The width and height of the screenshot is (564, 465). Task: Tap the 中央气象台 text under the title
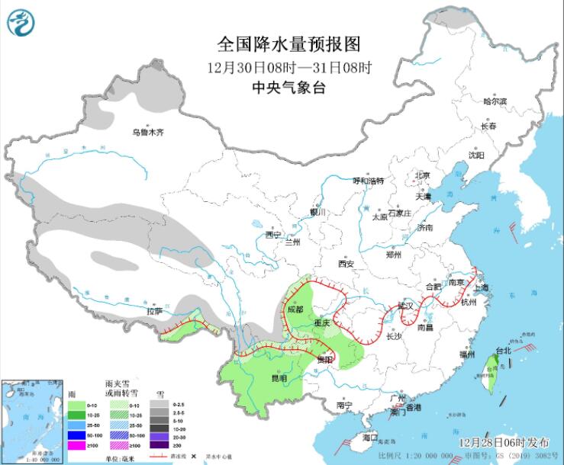(x=288, y=88)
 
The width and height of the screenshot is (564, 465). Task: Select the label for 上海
(x=481, y=287)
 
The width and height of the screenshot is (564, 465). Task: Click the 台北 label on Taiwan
(x=504, y=351)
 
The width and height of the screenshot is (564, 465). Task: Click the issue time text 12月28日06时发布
(x=500, y=442)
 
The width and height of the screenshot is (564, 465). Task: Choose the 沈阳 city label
(x=476, y=155)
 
